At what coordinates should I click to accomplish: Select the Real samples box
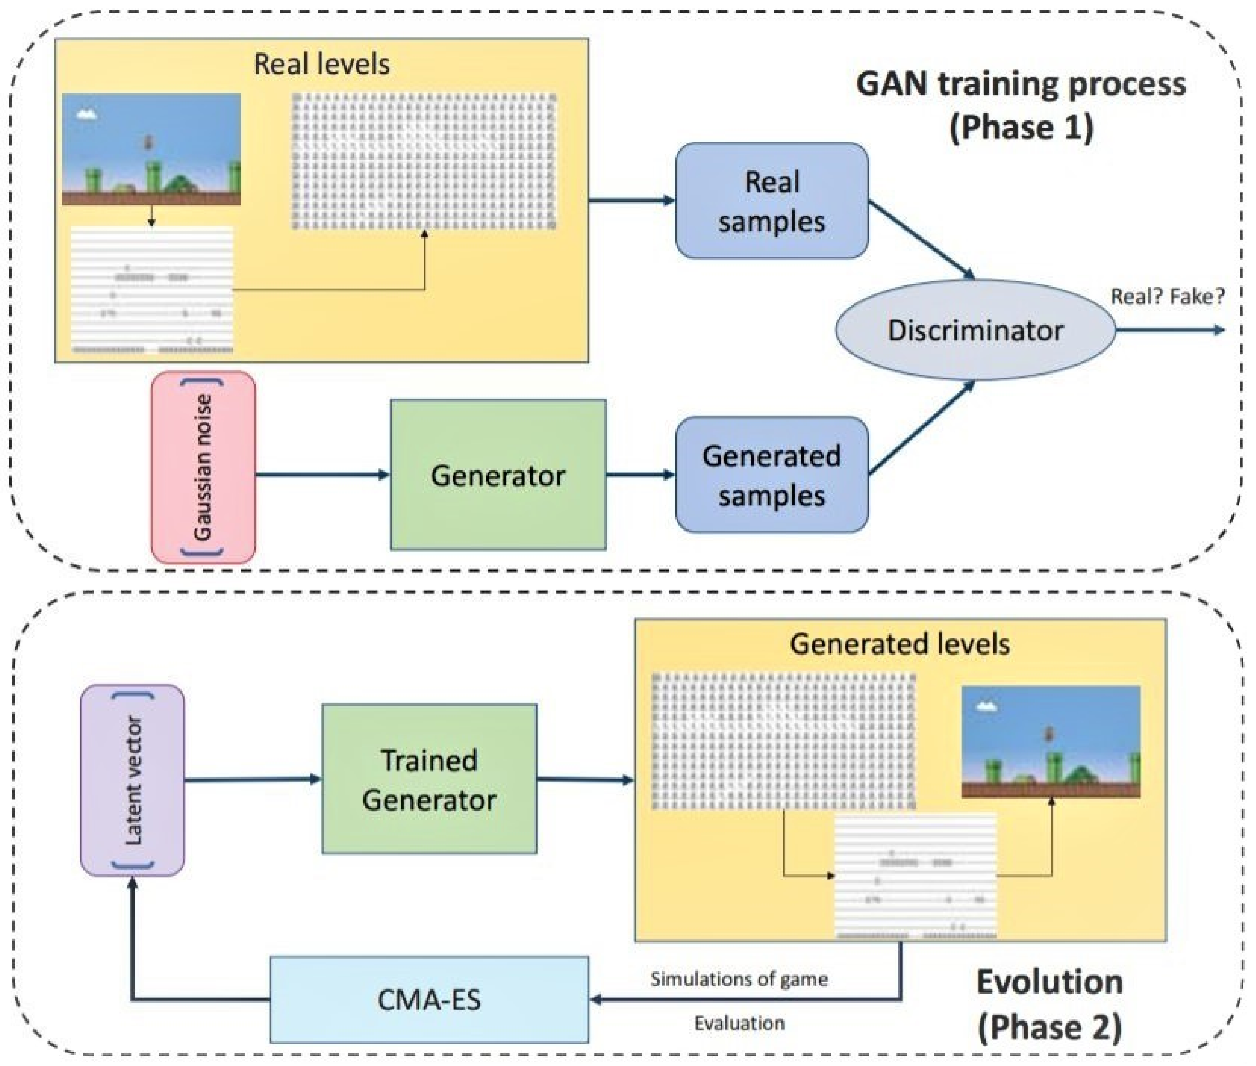772,201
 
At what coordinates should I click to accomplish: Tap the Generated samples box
772,475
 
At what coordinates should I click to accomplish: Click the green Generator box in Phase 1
498,475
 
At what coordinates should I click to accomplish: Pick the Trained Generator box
429,780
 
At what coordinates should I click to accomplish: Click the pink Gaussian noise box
203,467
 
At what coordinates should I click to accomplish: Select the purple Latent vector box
132,780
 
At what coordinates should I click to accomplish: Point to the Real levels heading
322,64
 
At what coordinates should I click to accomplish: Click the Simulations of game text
739,979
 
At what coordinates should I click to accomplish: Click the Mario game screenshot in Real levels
151,149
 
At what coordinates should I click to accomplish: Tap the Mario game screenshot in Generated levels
1051,741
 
